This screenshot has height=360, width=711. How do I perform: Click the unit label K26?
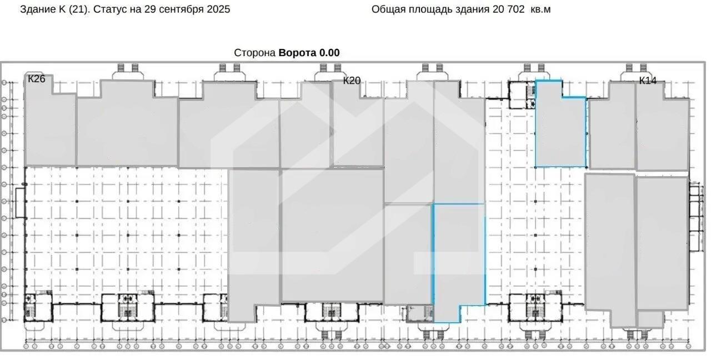[37, 79]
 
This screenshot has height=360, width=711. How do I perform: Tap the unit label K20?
[352, 81]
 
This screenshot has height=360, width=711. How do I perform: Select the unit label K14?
[648, 81]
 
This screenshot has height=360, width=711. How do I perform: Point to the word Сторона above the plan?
[254, 53]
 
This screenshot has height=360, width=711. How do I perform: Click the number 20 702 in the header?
[508, 9]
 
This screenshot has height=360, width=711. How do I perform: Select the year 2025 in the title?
[218, 9]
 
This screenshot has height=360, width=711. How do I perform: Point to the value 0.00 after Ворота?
[329, 53]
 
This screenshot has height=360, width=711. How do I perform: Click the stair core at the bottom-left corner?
[38, 307]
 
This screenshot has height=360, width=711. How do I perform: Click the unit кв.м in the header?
[540, 9]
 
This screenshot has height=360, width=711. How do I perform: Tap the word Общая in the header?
[388, 9]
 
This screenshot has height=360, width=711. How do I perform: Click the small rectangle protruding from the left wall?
[21, 203]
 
